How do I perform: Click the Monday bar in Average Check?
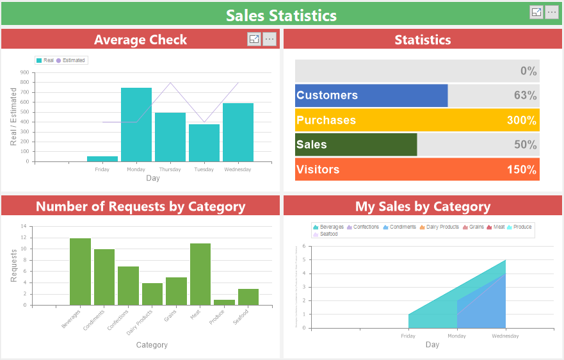(136, 124)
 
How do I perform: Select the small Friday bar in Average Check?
(102, 158)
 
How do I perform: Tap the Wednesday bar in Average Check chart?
(238, 132)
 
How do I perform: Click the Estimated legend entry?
(71, 60)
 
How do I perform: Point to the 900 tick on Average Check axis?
(24, 73)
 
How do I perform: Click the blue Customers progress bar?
(371, 95)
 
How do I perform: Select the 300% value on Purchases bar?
(521, 120)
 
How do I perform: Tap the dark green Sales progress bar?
(356, 145)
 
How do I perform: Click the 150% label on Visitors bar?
(521, 170)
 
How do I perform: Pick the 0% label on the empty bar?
(528, 71)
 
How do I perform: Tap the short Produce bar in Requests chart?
(224, 302)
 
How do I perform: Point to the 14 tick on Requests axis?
(24, 227)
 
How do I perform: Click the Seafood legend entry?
(326, 234)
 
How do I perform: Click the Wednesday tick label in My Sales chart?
(505, 336)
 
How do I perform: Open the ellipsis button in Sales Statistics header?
(551, 12)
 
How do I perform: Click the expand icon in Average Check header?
(254, 40)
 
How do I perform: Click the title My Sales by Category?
(423, 206)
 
